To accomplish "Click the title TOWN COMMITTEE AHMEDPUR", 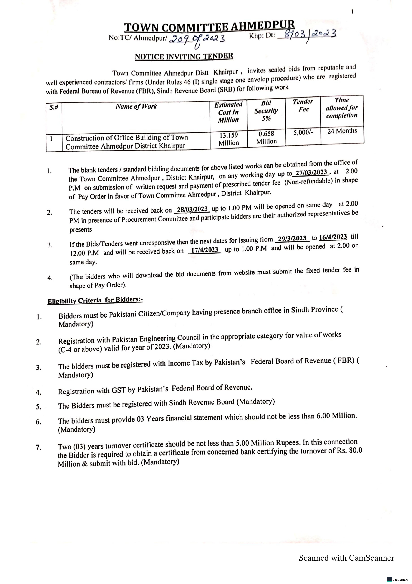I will (x=210, y=26).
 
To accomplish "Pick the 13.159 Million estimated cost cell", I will (x=229, y=139).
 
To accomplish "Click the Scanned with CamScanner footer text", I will (x=346, y=558).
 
